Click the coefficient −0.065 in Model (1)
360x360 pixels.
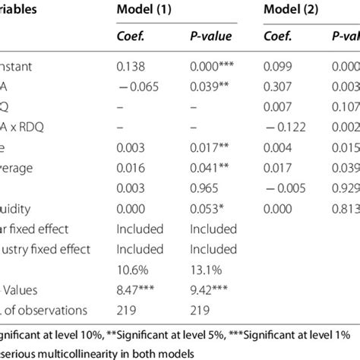(x=134, y=87)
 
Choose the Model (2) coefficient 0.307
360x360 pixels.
(x=276, y=87)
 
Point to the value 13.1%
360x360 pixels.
(x=204, y=269)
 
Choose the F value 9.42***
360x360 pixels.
(x=210, y=289)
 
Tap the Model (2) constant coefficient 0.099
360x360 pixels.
(x=276, y=68)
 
